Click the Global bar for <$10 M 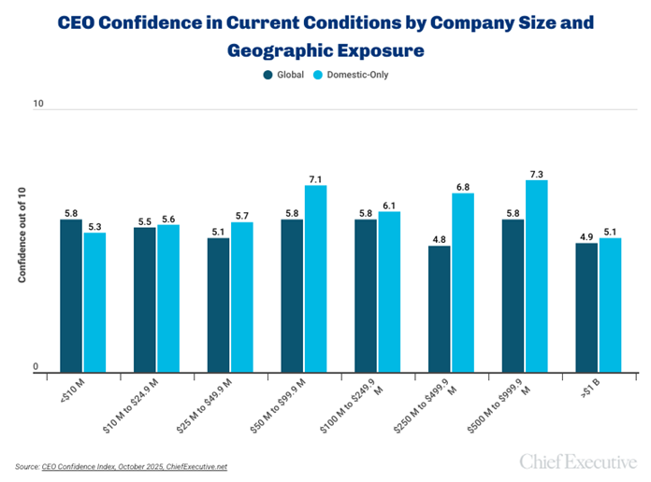click(71, 296)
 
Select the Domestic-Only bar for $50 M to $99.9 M click(316, 279)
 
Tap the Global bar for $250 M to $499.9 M click(440, 309)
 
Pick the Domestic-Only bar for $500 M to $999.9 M click(537, 276)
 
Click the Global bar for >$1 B click(586, 308)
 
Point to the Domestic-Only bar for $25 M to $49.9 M click(242, 297)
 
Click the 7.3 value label click(537, 174)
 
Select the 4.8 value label click(440, 239)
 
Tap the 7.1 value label click(316, 179)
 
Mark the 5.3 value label click(94, 226)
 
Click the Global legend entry click(284, 75)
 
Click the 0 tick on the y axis click(38, 367)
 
